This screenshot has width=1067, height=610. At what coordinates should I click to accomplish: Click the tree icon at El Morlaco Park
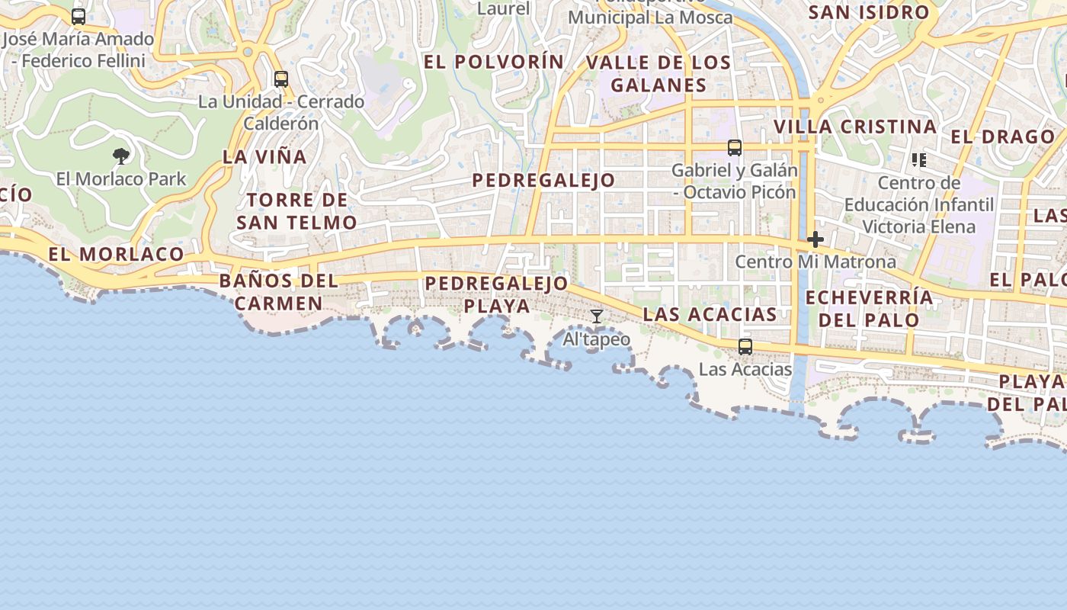pos(120,157)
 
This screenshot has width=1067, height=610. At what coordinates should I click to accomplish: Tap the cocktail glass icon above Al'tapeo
pos(597,316)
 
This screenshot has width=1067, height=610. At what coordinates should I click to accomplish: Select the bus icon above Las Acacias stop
pos(745,347)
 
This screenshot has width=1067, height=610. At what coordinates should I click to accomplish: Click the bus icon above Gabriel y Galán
pos(735,148)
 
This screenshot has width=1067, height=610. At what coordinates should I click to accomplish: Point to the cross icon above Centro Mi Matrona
pos(815,239)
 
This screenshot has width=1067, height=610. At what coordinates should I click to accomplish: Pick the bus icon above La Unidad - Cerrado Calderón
pos(281,79)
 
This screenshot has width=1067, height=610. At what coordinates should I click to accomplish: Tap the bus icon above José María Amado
pos(79,17)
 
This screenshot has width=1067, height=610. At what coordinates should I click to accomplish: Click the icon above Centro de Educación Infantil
pos(919,160)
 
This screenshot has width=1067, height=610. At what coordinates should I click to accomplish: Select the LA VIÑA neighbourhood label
pos(264,157)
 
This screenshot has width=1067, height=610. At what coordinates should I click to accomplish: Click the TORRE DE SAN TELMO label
pos(296,211)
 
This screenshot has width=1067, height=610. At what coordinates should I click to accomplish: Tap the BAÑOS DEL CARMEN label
pos(279,292)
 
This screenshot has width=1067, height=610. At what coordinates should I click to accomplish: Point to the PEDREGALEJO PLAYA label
pos(497,294)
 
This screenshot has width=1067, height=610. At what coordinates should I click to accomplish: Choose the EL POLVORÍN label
pos(494,62)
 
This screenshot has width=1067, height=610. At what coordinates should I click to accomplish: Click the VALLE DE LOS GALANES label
pos(658,74)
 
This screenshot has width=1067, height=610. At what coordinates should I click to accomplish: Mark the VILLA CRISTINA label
pos(855,127)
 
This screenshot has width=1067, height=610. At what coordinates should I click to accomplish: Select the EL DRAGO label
pos(1003,137)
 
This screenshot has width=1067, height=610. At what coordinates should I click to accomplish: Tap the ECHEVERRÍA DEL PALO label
pos(869,308)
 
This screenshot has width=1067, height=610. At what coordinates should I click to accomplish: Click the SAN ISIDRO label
pos(869,12)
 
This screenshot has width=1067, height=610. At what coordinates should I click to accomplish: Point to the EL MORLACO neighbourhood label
pos(117,254)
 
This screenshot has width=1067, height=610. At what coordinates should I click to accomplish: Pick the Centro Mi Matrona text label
pos(815,262)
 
